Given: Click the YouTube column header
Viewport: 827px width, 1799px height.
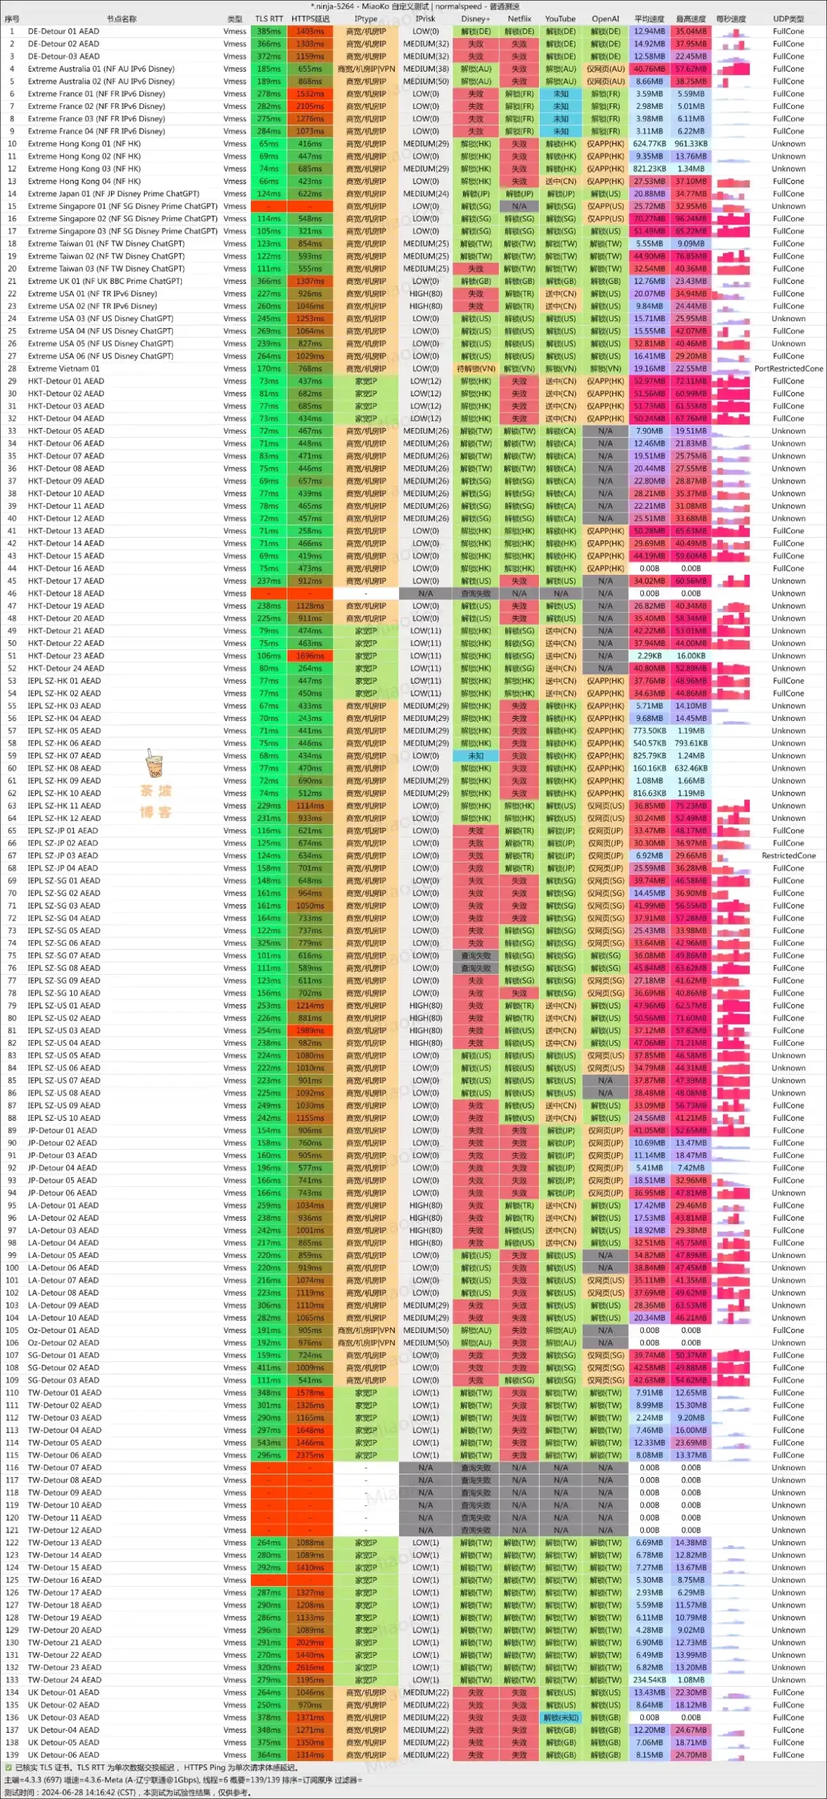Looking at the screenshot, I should click(x=560, y=19).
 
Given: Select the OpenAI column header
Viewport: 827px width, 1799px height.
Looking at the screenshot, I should click(x=605, y=19).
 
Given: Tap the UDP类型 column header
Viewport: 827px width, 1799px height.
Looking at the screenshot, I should click(x=788, y=19).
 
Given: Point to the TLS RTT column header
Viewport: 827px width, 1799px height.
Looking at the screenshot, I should click(x=268, y=19).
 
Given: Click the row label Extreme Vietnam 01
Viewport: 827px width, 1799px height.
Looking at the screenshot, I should click(x=63, y=368).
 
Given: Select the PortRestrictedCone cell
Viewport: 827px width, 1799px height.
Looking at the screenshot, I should click(x=788, y=368).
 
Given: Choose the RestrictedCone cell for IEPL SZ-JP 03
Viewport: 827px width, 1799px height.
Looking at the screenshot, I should click(x=788, y=855).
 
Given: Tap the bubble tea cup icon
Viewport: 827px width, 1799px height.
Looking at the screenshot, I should click(x=154, y=765).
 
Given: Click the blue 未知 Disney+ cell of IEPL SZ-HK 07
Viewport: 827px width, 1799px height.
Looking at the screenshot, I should click(x=476, y=755).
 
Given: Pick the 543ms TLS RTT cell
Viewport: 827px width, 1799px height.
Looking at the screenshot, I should click(x=268, y=1443).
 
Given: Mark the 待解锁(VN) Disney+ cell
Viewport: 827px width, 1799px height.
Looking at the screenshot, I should click(x=476, y=368).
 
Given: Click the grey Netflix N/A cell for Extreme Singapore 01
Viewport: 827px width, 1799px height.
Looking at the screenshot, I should click(x=519, y=206).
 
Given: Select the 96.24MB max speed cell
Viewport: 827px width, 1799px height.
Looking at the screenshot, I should click(x=691, y=219).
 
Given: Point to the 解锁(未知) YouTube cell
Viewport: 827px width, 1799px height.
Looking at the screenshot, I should click(x=560, y=1717).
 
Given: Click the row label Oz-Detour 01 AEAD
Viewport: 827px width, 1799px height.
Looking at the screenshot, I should click(x=63, y=1330).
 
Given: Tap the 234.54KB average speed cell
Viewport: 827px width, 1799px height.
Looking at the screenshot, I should click(x=649, y=1680).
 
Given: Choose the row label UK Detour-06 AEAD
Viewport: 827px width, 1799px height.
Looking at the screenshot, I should click(x=63, y=1755).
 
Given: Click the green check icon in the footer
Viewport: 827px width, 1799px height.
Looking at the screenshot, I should click(x=8, y=1767).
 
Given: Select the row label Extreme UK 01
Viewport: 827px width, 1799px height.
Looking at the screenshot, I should click(x=105, y=281).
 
